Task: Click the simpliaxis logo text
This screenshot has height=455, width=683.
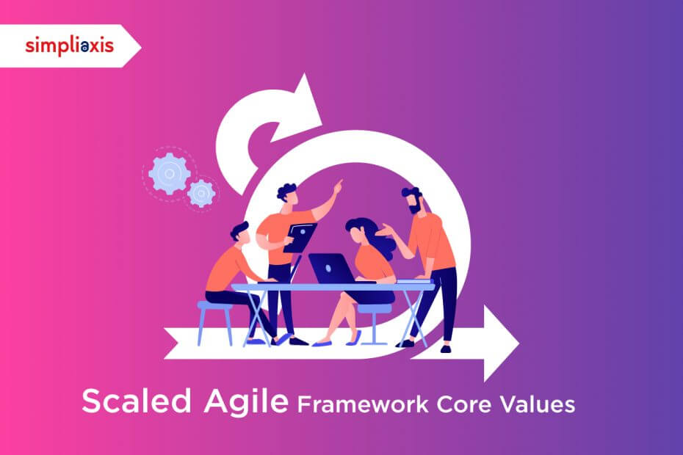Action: [69, 46]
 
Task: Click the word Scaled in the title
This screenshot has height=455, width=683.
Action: [137, 401]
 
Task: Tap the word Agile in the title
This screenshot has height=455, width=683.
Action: [246, 401]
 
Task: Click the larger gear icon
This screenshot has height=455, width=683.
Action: [170, 173]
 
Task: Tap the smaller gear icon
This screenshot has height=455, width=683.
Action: [201, 193]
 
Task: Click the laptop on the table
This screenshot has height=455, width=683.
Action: [333, 269]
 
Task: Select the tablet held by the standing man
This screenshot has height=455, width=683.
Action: [300, 238]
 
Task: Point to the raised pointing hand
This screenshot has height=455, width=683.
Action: [338, 187]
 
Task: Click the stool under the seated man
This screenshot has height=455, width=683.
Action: [215, 323]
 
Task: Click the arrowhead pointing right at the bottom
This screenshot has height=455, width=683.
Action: [501, 343]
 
